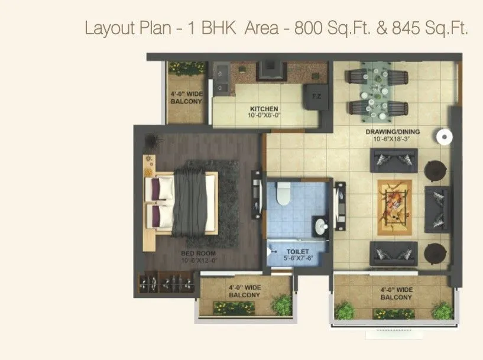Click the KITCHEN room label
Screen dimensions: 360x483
(264, 109)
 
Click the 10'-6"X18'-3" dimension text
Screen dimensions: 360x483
(393, 140)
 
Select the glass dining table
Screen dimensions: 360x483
(377, 93)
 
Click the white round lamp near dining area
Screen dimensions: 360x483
(443, 137)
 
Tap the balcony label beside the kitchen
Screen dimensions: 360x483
(187, 98)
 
